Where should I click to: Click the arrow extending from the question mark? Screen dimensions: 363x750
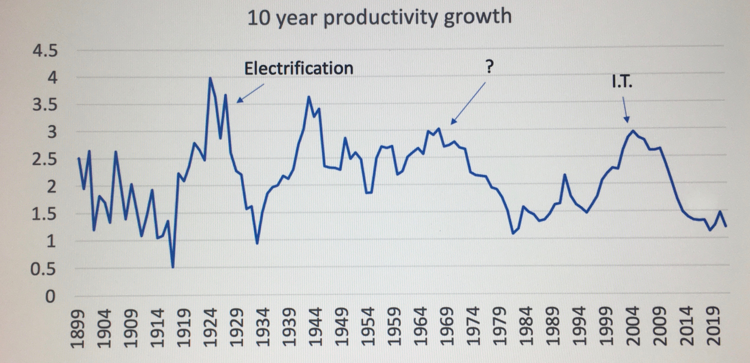pos(468,103)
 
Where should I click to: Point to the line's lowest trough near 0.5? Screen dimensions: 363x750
pos(173,267)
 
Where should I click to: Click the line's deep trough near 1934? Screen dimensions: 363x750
pos(257,243)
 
